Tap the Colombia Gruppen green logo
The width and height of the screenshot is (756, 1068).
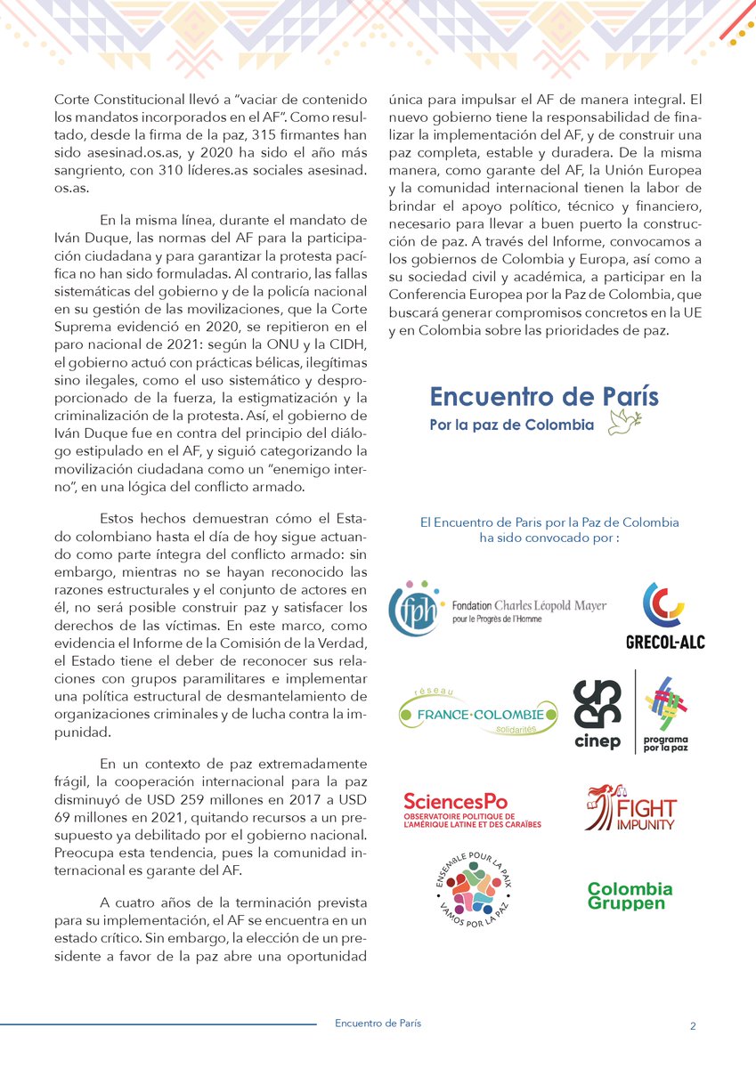pos(630,895)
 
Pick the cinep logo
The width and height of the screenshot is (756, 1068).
pos(597,711)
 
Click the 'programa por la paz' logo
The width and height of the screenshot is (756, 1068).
pos(664,711)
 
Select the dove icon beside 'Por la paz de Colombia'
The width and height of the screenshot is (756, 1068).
pos(624,423)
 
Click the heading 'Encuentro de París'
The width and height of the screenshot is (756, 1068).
pos(544,396)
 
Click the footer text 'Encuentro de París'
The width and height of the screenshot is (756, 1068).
pos(378,1023)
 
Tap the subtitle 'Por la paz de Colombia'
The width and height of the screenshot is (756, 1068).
pos(511,425)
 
